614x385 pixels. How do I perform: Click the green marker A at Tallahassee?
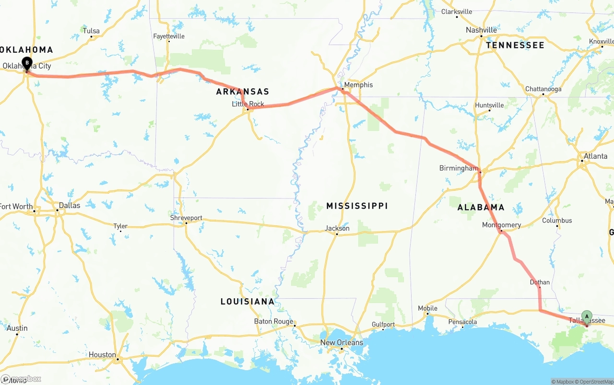click(x=587, y=316)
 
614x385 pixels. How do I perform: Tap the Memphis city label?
click(x=358, y=85)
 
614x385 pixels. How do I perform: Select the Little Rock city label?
click(x=248, y=104)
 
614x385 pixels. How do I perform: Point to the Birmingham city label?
click(x=459, y=168)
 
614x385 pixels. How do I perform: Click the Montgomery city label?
click(x=502, y=225)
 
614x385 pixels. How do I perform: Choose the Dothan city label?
click(x=540, y=282)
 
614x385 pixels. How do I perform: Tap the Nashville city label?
click(x=481, y=30)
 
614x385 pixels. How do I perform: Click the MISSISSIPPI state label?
click(x=357, y=206)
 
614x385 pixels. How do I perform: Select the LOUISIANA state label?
click(x=248, y=302)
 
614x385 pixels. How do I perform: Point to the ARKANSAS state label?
click(x=243, y=92)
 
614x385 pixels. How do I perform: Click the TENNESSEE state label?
click(x=515, y=45)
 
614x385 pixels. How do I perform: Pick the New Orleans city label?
click(x=342, y=342)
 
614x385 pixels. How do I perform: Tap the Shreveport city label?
click(x=186, y=218)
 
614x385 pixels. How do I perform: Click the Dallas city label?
click(x=70, y=205)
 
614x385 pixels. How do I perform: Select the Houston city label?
click(x=102, y=355)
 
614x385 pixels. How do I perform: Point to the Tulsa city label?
click(x=91, y=31)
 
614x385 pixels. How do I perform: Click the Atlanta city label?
click(x=595, y=156)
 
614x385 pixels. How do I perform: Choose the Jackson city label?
click(x=337, y=228)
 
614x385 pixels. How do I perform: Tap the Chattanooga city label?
click(x=543, y=89)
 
